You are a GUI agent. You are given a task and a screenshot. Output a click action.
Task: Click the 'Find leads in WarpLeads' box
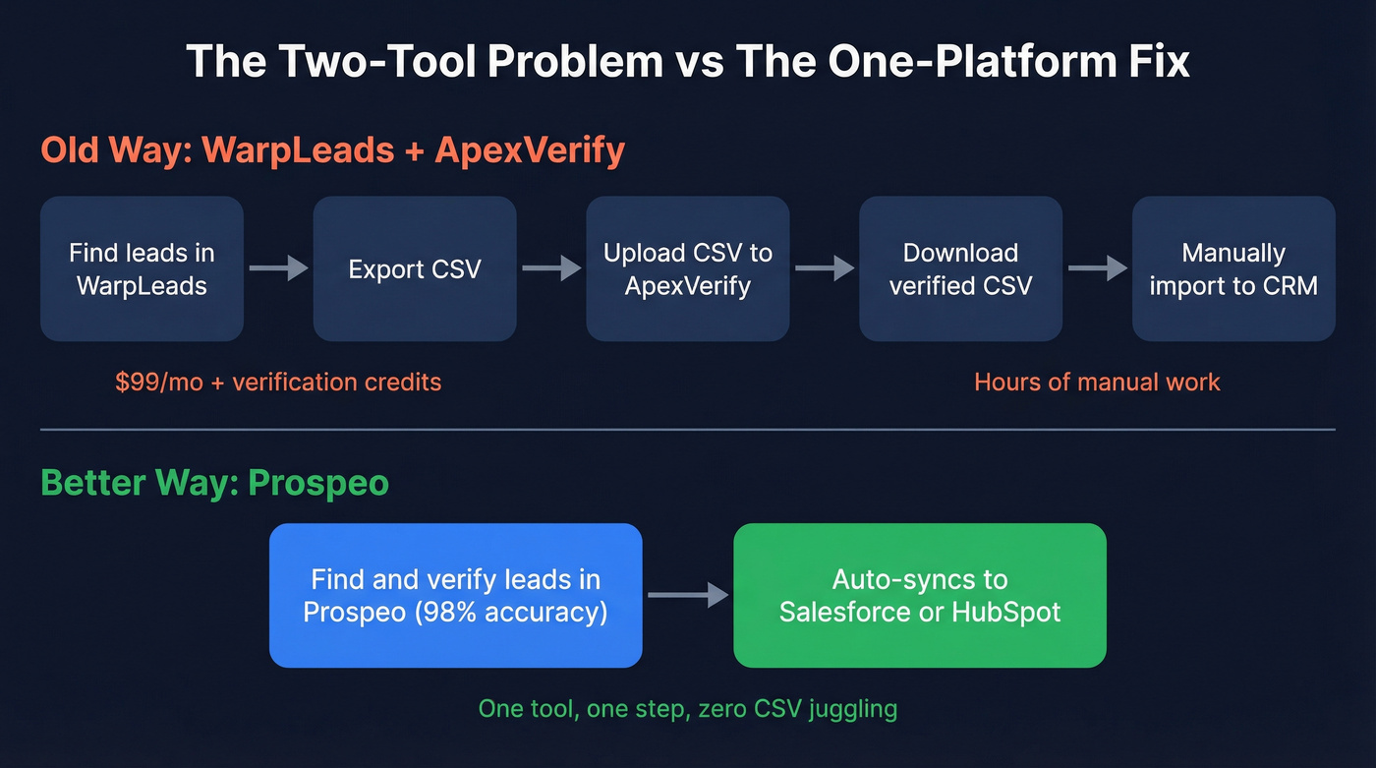[142, 268]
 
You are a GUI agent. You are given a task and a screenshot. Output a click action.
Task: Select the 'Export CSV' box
[415, 268]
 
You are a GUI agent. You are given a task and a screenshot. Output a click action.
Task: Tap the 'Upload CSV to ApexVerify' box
[688, 268]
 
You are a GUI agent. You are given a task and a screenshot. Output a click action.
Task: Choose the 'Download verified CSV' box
[960, 268]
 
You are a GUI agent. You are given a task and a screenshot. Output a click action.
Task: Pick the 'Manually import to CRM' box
[1233, 268]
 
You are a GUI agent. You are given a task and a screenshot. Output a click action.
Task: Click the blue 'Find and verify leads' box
[455, 595]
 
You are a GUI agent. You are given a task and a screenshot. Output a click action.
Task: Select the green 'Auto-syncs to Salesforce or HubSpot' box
[920, 595]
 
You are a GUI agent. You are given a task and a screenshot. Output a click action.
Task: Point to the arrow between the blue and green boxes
[688, 595]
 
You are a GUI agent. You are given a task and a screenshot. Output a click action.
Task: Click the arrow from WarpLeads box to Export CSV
[278, 267]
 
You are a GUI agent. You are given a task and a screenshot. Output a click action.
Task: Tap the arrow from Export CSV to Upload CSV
[551, 267]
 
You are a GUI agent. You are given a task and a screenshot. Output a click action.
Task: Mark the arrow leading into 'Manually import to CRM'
[1097, 267]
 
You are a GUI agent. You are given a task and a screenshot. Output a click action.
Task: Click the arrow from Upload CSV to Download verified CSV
[825, 267]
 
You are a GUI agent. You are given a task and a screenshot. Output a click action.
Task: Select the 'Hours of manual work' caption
[1097, 382]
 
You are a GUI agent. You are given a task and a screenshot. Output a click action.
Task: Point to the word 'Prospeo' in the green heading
[318, 483]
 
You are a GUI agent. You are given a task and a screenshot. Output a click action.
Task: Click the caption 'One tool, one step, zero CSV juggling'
[688, 708]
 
